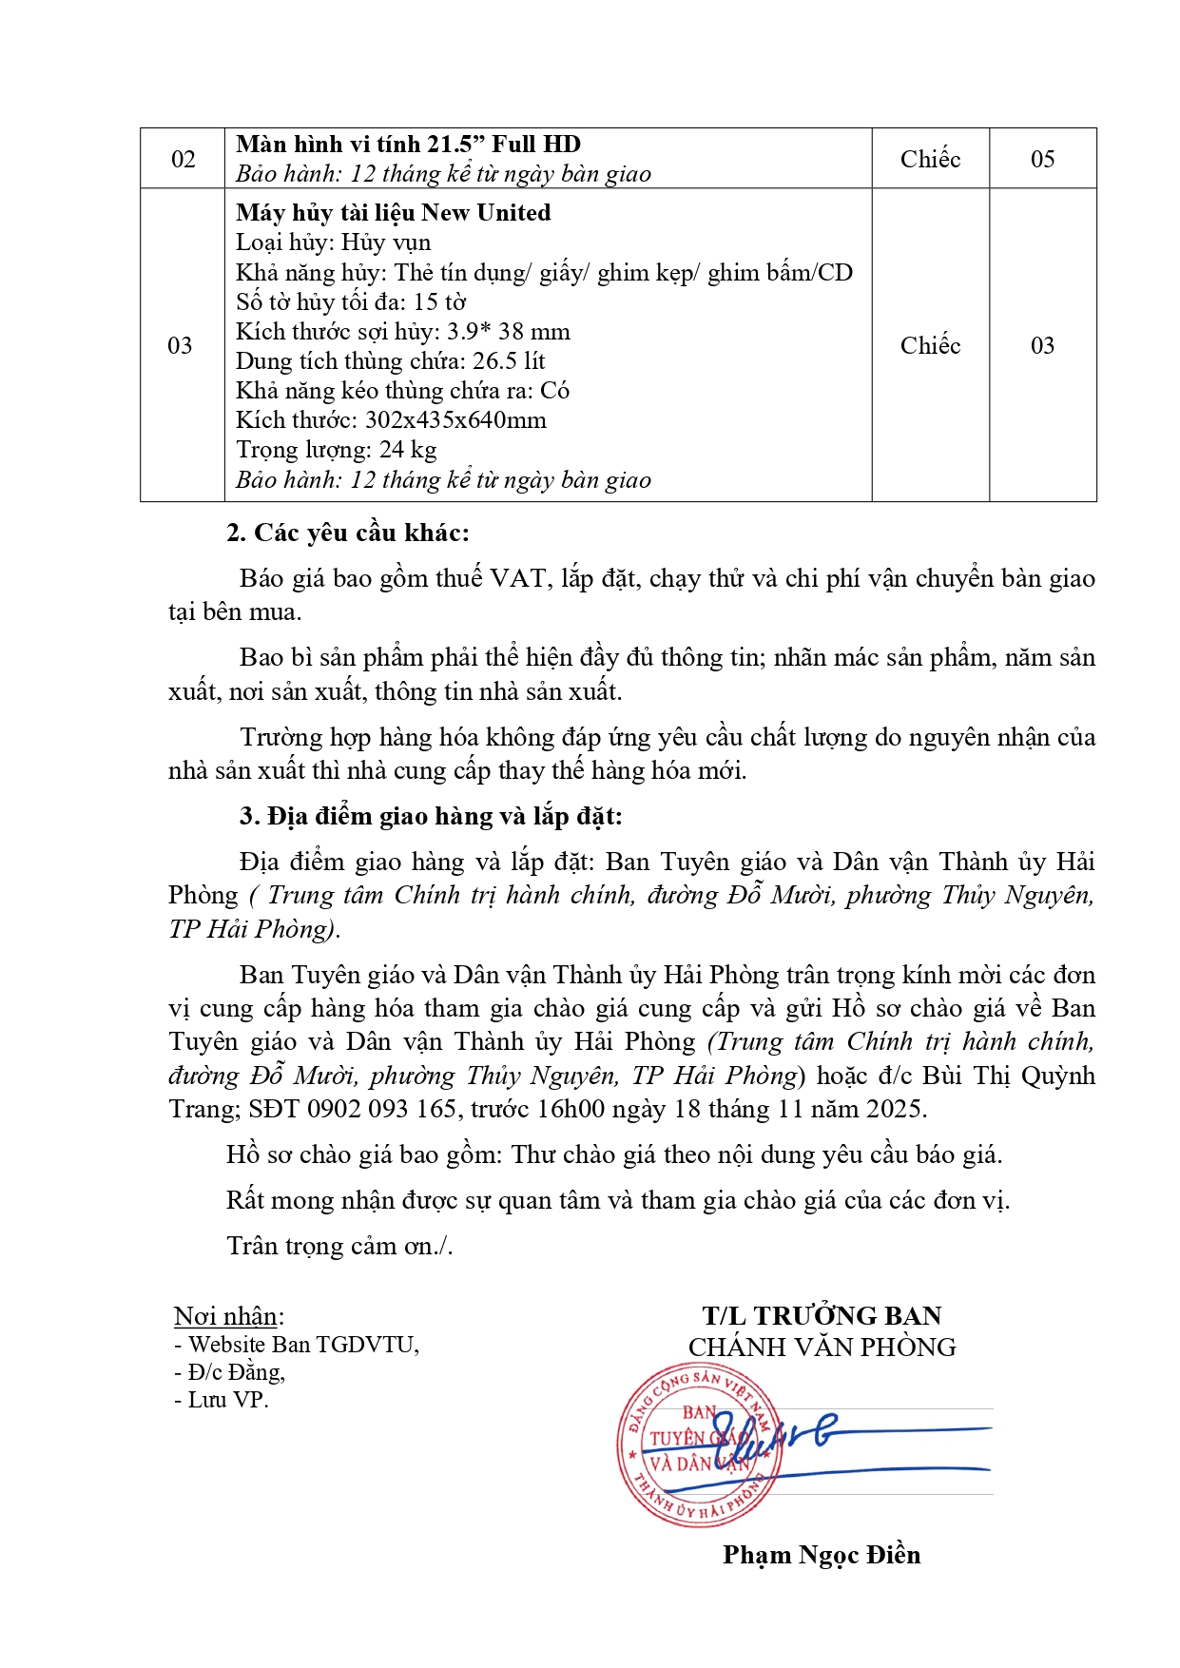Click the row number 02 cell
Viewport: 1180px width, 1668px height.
(x=183, y=159)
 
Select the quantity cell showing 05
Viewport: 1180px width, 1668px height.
(x=1042, y=159)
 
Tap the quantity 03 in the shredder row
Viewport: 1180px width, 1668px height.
(x=1042, y=345)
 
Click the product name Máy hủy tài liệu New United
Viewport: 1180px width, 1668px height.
(x=393, y=212)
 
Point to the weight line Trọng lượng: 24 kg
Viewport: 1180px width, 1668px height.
(x=337, y=450)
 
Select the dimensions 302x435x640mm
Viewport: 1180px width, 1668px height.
(x=455, y=420)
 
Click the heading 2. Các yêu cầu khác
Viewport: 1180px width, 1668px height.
(x=348, y=533)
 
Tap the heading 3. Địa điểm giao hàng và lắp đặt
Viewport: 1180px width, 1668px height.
(x=431, y=816)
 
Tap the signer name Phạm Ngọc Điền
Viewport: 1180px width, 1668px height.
(x=822, y=1555)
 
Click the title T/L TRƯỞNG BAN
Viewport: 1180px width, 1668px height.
(x=822, y=1316)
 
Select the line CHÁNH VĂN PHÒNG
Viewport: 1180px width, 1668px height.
(x=822, y=1348)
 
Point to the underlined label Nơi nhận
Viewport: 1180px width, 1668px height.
(x=227, y=1316)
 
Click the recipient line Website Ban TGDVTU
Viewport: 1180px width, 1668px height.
(x=297, y=1345)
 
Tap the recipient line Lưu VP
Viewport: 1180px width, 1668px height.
(x=222, y=1400)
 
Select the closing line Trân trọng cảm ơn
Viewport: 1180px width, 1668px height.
(x=339, y=1246)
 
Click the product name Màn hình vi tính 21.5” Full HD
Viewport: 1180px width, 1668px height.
(x=408, y=145)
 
